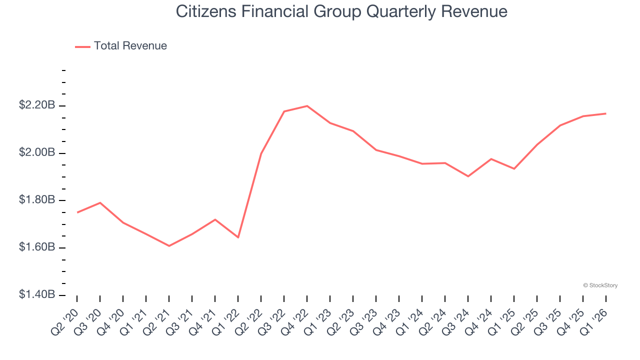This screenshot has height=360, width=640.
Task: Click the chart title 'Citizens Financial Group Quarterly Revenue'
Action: pyautogui.click(x=341, y=11)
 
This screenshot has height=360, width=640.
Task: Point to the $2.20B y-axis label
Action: pyautogui.click(x=37, y=105)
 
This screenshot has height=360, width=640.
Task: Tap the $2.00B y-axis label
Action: pyautogui.click(x=37, y=152)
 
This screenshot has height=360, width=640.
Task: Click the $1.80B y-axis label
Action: pyautogui.click(x=37, y=200)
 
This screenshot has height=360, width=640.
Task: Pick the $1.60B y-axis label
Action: pyautogui.click(x=37, y=247)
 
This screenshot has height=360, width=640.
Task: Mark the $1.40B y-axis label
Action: pyautogui.click(x=37, y=295)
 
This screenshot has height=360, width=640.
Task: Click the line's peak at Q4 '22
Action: pyautogui.click(x=307, y=106)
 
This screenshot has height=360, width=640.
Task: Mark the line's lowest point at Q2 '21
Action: pyautogui.click(x=169, y=246)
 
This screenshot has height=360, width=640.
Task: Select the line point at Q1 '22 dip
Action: pyautogui.click(x=238, y=237)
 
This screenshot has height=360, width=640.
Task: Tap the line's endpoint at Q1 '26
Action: pyautogui.click(x=606, y=113)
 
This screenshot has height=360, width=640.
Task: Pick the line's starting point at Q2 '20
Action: pyautogui.click(x=77, y=212)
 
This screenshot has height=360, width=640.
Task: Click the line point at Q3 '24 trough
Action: pyautogui.click(x=468, y=176)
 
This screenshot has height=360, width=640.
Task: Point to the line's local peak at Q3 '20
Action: pyautogui.click(x=100, y=202)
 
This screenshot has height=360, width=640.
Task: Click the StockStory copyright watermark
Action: pyautogui.click(x=600, y=285)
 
